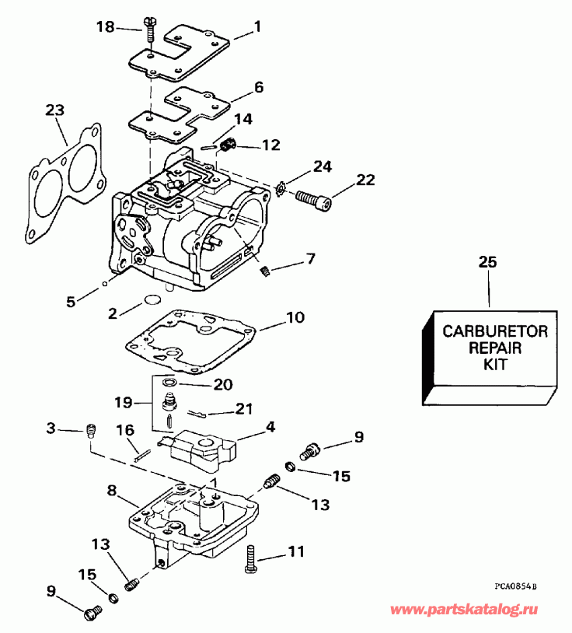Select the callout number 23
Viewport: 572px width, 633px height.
54,110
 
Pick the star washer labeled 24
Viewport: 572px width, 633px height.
281,187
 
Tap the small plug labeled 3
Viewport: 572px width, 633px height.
89,430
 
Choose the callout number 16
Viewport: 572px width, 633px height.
125,430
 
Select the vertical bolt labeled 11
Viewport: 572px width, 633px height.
249,558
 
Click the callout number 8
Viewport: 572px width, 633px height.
112,491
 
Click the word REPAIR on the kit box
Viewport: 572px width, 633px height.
495,348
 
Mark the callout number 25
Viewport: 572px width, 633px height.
487,263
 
